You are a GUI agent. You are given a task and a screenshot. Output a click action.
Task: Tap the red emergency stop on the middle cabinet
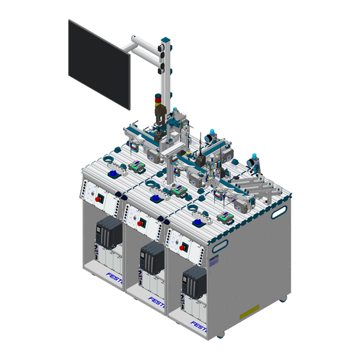click(141, 225)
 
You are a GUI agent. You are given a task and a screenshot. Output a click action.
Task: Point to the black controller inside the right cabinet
click(195, 283)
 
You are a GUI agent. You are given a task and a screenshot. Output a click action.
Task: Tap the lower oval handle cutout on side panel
click(220, 246)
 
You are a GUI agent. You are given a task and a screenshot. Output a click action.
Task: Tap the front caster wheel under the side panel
click(221, 334)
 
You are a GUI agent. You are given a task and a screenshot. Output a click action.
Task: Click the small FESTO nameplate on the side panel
click(214, 255)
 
